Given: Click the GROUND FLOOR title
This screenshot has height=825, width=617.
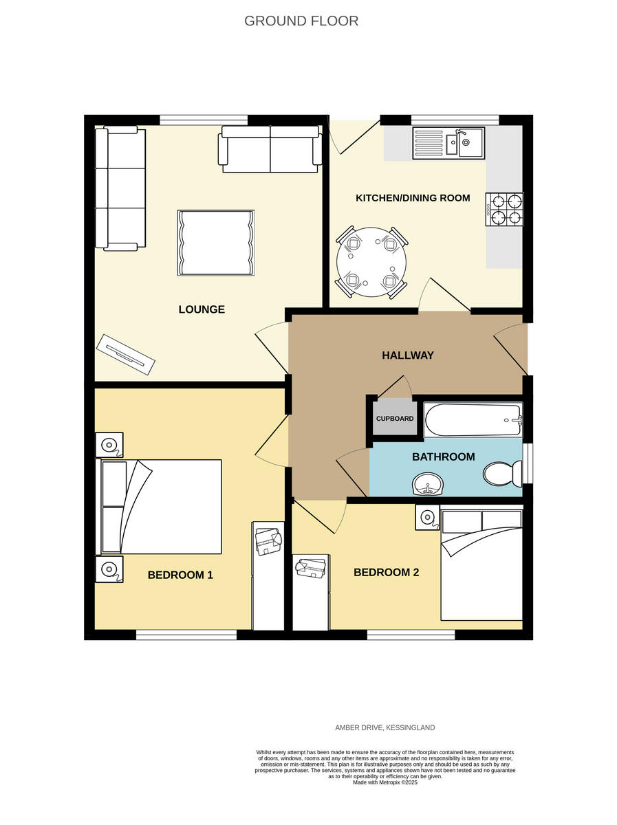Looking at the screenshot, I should coord(301,21).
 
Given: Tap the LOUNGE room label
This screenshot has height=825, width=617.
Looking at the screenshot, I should coord(202,309).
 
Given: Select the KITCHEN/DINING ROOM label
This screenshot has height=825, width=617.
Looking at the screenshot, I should coord(413,198).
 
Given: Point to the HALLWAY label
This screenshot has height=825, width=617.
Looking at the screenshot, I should coord(408,355).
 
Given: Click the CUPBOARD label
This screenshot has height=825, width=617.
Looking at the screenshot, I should coord(395,419).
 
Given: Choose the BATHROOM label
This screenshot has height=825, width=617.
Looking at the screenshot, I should coord(443,456).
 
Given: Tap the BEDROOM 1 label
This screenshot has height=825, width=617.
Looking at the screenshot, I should coord(180,575).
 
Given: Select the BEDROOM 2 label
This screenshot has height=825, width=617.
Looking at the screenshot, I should coord(386,572).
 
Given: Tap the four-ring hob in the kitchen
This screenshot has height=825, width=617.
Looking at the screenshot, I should coord(505,210).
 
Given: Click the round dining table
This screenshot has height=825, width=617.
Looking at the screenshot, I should coord(371,262).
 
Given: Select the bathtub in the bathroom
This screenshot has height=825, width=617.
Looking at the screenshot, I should coord(473,419).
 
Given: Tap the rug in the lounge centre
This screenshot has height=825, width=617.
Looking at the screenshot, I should coord(217,243).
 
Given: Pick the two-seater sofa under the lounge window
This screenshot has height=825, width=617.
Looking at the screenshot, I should coord(270,149).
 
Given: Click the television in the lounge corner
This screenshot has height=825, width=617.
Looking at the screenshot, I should coord(125,355).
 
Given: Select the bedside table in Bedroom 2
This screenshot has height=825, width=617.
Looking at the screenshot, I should coord(426,518).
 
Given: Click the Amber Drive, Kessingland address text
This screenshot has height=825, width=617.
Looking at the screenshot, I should coord(385,727).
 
